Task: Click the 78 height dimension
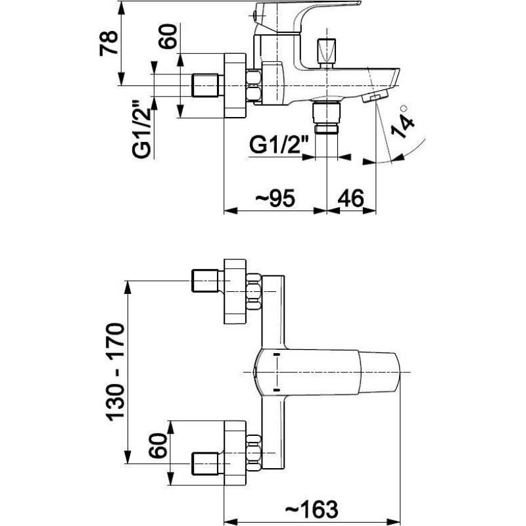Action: click(108, 43)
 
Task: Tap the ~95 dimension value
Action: click(275, 198)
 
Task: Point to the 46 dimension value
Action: click(350, 198)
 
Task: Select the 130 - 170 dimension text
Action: click(115, 372)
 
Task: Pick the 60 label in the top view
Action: click(167, 36)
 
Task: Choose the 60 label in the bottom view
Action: click(158, 446)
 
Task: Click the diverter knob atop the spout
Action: click(326, 52)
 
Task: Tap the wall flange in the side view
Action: click(235, 85)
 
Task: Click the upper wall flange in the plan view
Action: click(235, 291)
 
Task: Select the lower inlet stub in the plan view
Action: click(204, 464)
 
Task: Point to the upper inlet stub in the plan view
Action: click(204, 281)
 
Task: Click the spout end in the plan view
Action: click(379, 372)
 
